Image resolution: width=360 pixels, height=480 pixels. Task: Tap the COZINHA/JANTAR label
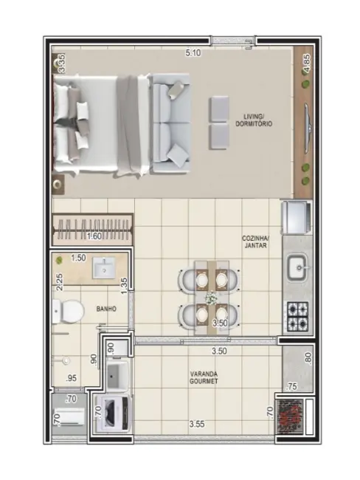(256, 242)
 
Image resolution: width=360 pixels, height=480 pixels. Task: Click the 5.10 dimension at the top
(193, 53)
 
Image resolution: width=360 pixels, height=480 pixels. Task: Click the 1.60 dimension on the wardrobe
(94, 236)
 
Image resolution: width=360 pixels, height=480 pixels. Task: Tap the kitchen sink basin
(297, 264)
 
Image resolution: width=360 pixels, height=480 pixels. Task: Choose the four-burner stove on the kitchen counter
(297, 315)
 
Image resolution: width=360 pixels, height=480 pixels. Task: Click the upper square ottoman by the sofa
(219, 108)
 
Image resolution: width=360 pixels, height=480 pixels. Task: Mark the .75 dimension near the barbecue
(291, 385)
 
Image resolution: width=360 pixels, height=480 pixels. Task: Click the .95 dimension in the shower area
(72, 379)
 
